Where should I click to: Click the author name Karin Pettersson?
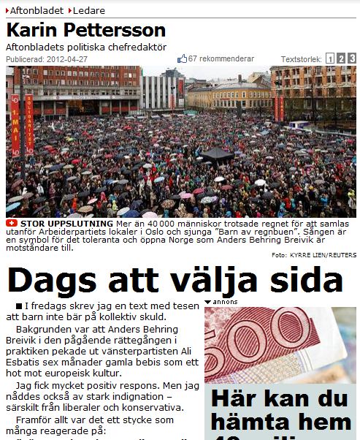click(86, 31)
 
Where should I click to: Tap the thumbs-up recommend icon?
click(183, 58)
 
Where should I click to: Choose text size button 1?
click(330, 58)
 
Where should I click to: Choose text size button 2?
click(341, 58)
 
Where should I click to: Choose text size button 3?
click(352, 58)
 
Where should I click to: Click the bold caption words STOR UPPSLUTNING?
click(66, 223)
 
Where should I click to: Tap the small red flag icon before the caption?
click(11, 223)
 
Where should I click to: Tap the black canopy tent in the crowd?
click(217, 155)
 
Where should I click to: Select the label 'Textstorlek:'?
click(302, 59)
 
